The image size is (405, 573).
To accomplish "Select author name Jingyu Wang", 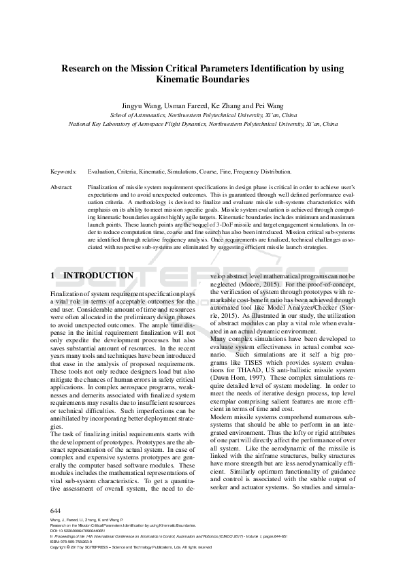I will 140,106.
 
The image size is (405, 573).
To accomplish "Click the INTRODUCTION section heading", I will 98,276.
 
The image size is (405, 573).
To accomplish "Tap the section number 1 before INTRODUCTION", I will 53,276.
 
